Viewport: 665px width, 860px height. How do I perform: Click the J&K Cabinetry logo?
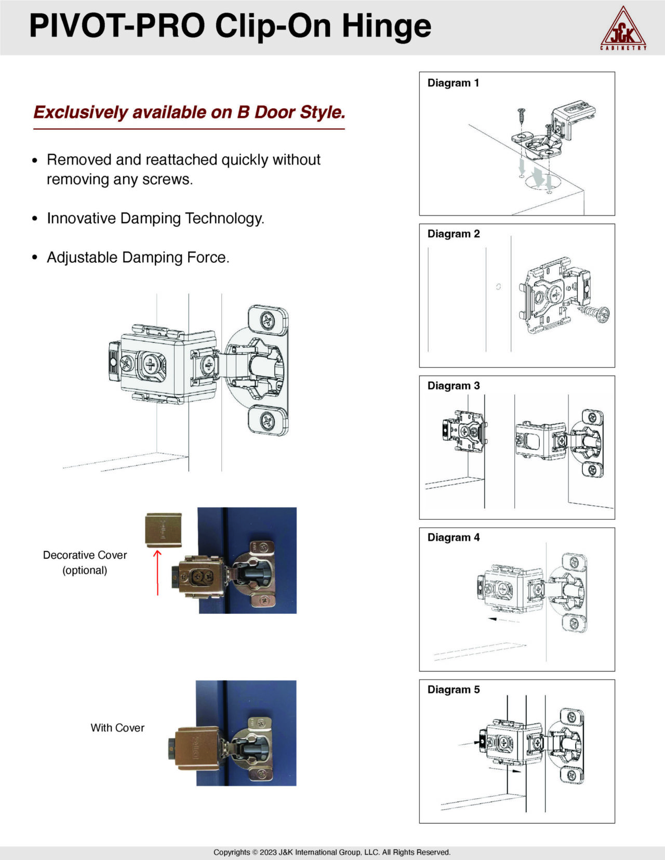[623, 29]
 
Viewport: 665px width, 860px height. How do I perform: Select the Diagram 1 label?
[453, 83]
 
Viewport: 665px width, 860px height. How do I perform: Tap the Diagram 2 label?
[453, 234]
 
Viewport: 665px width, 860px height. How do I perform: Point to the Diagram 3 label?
[453, 385]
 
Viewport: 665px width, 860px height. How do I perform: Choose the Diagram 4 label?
[453, 537]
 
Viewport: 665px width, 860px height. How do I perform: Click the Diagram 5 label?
[453, 689]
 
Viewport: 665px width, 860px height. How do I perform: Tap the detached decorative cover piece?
[163, 530]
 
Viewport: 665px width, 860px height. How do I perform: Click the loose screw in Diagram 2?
[596, 313]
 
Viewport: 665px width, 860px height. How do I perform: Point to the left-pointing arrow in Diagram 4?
[499, 620]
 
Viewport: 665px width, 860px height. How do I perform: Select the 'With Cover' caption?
[117, 728]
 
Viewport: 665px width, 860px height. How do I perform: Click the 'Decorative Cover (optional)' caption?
[85, 562]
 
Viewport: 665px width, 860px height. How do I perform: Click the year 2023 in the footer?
[268, 852]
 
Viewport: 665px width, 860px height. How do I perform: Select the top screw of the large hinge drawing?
[268, 320]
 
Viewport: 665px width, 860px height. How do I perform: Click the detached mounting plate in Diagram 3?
[464, 431]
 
